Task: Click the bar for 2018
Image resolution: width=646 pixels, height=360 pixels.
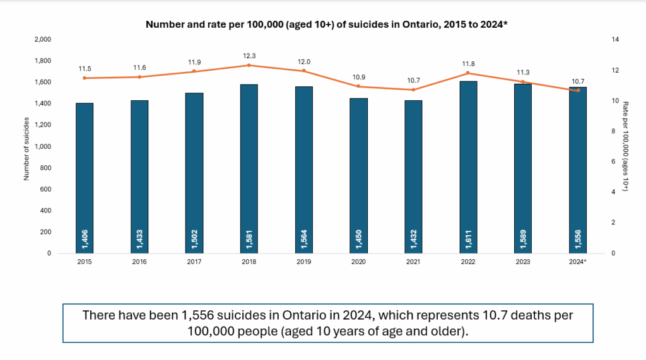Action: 249,168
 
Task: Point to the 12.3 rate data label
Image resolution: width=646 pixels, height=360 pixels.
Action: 249,55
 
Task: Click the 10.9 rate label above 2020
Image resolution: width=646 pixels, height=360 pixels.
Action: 358,77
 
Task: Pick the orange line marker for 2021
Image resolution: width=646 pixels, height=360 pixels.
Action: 413,90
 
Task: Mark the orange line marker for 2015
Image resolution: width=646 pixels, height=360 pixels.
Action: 85,78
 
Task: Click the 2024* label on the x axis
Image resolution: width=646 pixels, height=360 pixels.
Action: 577,262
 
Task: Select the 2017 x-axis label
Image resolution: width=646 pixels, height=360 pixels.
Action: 194,262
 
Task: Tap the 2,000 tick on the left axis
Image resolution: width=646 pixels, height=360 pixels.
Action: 42,39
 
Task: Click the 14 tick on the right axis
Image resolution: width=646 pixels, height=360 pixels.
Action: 616,39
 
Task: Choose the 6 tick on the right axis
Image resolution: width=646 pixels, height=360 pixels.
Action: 614,161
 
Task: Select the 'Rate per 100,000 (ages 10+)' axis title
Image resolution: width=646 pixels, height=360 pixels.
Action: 626,146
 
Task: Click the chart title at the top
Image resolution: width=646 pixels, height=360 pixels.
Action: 327,25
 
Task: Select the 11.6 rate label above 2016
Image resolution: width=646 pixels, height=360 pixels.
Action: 139,67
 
